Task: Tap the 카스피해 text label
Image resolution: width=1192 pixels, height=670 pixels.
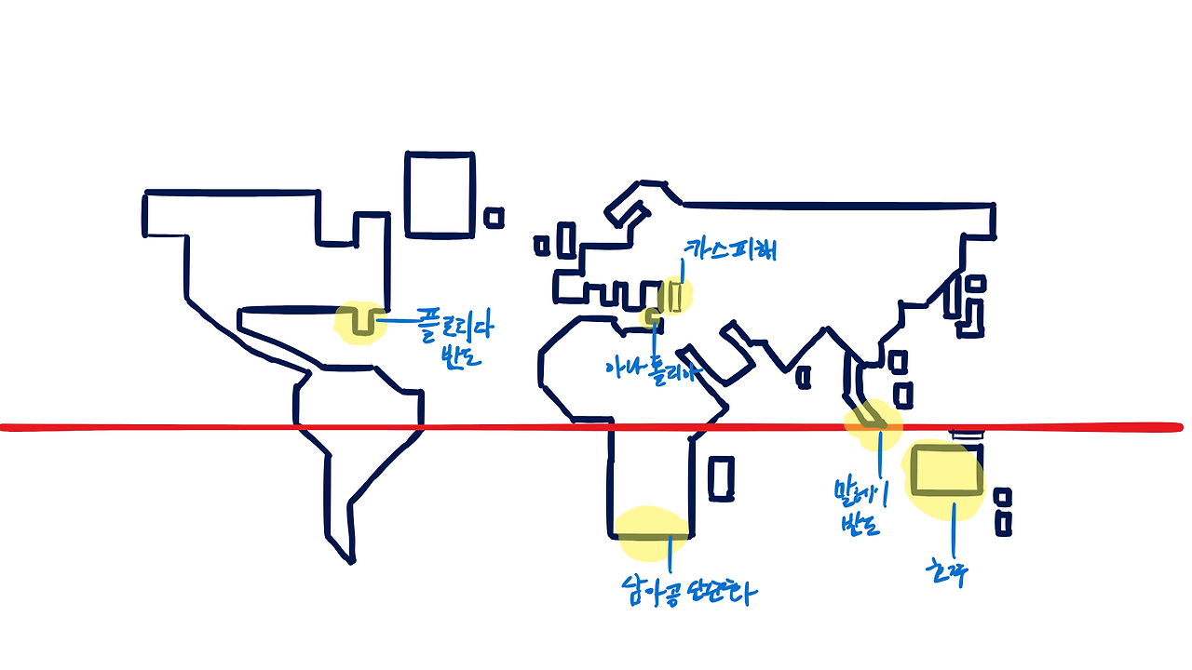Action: click(x=731, y=249)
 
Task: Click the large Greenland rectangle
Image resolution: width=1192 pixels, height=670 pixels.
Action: click(x=440, y=194)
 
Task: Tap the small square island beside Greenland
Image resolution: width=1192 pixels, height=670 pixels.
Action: click(x=494, y=217)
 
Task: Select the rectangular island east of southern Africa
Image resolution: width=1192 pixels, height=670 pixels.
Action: click(x=722, y=478)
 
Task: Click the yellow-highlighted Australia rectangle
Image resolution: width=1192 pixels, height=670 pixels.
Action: click(x=946, y=471)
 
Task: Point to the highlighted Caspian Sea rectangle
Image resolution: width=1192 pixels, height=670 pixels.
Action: click(x=677, y=296)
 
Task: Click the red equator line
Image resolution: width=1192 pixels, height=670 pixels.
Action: click(x=186, y=427)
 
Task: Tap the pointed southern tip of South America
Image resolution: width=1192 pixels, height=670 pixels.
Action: click(x=351, y=559)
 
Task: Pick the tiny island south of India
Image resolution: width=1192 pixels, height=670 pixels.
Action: click(x=804, y=377)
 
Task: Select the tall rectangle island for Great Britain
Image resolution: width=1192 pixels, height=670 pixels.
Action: click(x=565, y=240)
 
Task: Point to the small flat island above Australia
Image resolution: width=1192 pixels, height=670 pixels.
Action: click(x=966, y=433)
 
